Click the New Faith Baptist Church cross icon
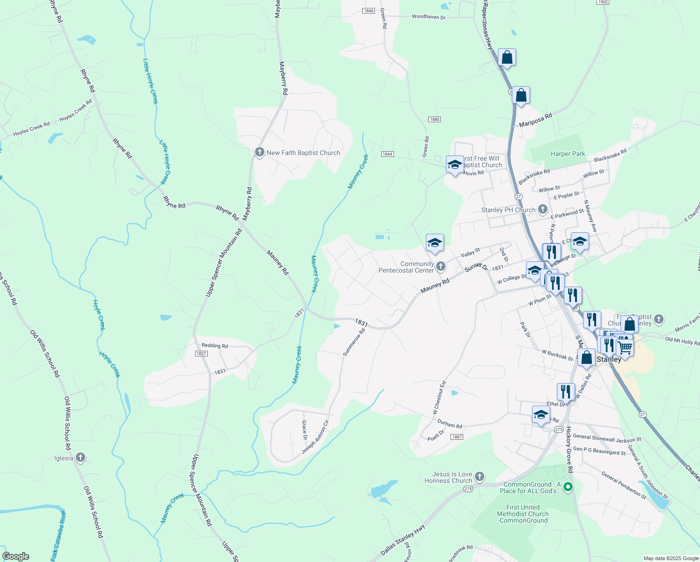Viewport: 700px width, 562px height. pyautogui.click(x=260, y=152)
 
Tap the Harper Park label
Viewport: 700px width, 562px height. pyautogui.click(x=568, y=154)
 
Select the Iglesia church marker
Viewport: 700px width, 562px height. pyautogui.click(x=80, y=458)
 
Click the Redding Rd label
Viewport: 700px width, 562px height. pyautogui.click(x=215, y=346)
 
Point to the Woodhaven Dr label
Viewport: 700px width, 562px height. pyautogui.click(x=428, y=17)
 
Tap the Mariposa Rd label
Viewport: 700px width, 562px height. pyautogui.click(x=535, y=120)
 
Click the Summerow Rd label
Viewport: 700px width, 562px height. pyautogui.click(x=354, y=343)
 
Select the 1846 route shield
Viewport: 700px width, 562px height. pyautogui.click(x=369, y=11)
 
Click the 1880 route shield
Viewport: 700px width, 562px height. pyautogui.click(x=434, y=119)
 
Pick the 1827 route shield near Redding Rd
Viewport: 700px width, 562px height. pyautogui.click(x=201, y=354)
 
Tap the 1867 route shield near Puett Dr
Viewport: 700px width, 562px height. pyautogui.click(x=457, y=437)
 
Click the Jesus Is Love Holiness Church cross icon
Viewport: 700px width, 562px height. pyautogui.click(x=479, y=477)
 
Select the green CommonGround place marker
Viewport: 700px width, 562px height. pyautogui.click(x=568, y=487)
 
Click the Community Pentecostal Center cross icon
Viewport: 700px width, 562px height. pyautogui.click(x=440, y=266)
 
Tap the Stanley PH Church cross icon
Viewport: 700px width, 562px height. pyautogui.click(x=542, y=209)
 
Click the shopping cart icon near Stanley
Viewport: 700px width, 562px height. pyautogui.click(x=625, y=348)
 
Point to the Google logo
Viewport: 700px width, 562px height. pyautogui.click(x=15, y=556)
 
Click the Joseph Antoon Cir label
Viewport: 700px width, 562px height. pyautogui.click(x=315, y=437)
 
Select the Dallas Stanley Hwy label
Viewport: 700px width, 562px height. pyautogui.click(x=403, y=540)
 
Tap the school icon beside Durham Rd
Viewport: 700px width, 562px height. pyautogui.click(x=541, y=415)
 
